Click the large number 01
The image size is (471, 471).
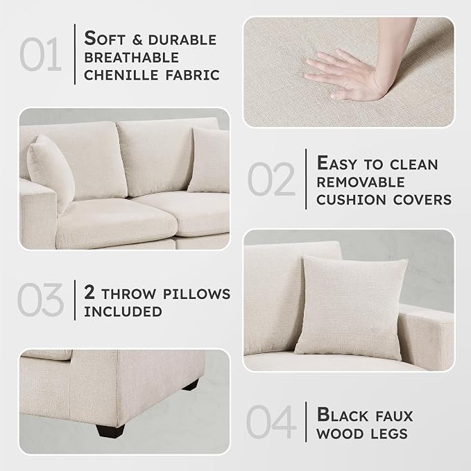[x=40, y=54]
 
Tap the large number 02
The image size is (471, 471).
[x=271, y=179]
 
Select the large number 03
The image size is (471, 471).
[x=40, y=300]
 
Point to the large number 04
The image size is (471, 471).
[x=271, y=422]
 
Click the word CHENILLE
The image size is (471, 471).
[x=121, y=75]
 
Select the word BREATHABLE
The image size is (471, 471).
[x=132, y=58]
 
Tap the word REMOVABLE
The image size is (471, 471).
[x=361, y=182]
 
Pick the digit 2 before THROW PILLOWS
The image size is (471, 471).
[x=89, y=292]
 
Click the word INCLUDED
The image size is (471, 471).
[x=123, y=311]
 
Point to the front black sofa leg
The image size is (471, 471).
[x=110, y=431]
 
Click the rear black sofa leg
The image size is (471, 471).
[x=191, y=386]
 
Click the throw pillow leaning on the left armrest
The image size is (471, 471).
[x=50, y=172]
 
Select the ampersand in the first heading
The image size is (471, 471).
[x=137, y=40]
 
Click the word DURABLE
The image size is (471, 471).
[x=182, y=40]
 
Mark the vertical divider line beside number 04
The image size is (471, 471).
[x=306, y=422]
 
